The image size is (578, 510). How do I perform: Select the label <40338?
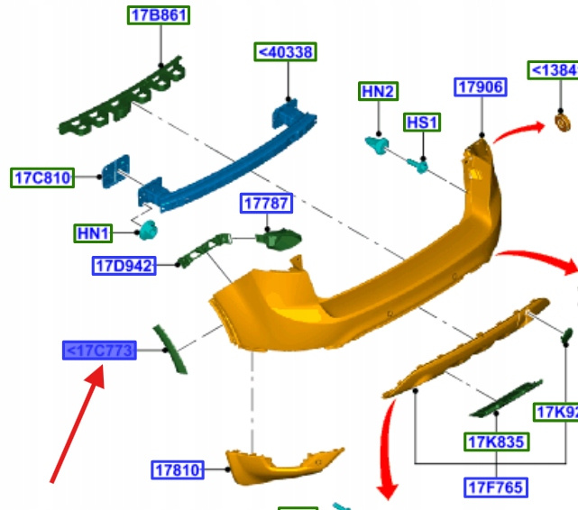(x=286, y=52)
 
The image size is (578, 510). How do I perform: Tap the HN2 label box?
(x=379, y=91)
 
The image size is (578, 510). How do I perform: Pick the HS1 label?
(x=422, y=123)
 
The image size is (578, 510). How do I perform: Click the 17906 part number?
(x=481, y=87)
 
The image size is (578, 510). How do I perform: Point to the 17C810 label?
(x=42, y=177)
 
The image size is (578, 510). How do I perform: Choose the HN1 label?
(x=93, y=234)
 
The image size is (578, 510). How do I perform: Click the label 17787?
(x=265, y=204)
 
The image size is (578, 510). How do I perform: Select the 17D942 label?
(x=124, y=265)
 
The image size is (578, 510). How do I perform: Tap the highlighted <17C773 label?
(x=98, y=350)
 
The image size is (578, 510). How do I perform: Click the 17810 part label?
(x=177, y=469)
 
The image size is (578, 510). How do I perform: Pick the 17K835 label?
(x=497, y=442)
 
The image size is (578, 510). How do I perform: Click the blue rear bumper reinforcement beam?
(x=225, y=162)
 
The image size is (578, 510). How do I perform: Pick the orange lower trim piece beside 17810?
(x=280, y=464)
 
